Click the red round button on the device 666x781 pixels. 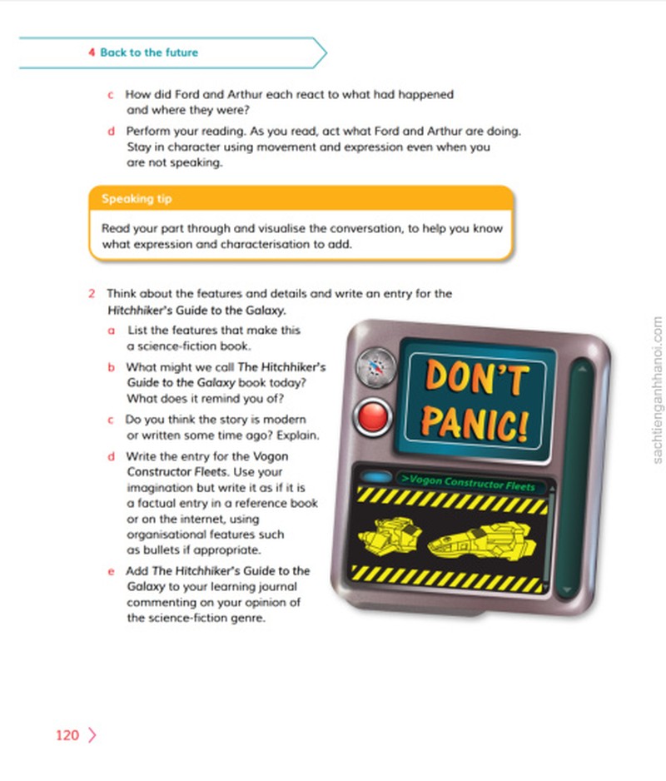(373, 417)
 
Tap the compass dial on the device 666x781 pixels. (376, 367)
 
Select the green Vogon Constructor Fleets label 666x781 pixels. (468, 482)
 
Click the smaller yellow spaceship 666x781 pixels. (390, 535)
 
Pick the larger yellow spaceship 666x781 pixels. (482, 541)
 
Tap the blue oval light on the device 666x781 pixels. (376, 476)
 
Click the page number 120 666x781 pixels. (67, 735)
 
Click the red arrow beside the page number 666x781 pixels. (92, 735)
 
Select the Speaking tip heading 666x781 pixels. (137, 199)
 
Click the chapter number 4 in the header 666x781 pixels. (92, 52)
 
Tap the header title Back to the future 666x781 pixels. (149, 52)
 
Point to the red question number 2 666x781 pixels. (92, 294)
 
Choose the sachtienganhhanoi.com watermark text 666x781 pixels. (657, 390)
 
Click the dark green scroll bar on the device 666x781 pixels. (579, 478)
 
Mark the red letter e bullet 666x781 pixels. (111, 571)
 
